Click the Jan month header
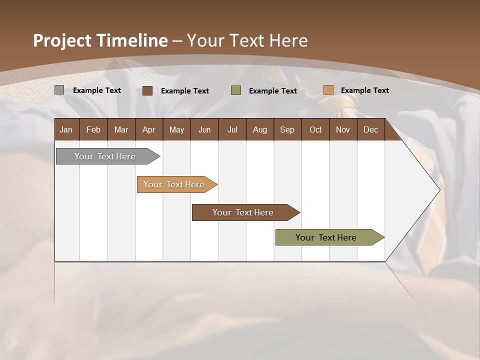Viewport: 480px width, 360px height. (x=66, y=129)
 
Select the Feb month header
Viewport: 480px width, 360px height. (x=93, y=129)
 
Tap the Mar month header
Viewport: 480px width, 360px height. (x=121, y=129)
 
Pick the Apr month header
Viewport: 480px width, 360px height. (x=149, y=129)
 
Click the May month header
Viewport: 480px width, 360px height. (x=176, y=129)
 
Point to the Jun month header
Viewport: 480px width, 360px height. (x=204, y=129)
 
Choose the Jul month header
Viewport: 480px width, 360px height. (x=232, y=129)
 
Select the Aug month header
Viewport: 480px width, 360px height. (x=260, y=129)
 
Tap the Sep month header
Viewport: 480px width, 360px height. (x=287, y=129)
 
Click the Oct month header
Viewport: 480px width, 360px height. (x=315, y=129)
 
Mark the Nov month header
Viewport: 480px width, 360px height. (x=343, y=129)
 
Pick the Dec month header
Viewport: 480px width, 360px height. (x=371, y=129)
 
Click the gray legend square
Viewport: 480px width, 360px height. (x=59, y=90)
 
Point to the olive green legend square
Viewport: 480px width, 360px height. (x=236, y=90)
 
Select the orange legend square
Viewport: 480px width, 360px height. (x=328, y=90)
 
